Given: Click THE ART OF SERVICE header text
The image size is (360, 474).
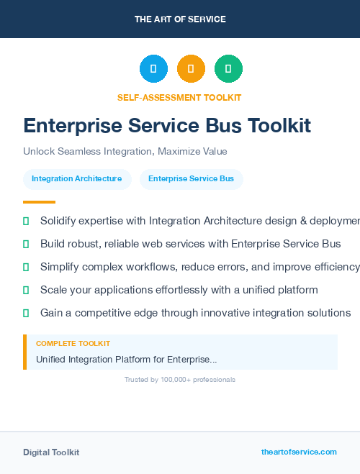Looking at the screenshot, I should pyautogui.click(x=180, y=19).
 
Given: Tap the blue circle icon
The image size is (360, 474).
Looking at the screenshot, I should pyautogui.click(x=153, y=68).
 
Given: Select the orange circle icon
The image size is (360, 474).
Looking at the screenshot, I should pyautogui.click(x=191, y=68).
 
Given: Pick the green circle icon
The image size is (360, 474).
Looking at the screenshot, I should pyautogui.click(x=228, y=68).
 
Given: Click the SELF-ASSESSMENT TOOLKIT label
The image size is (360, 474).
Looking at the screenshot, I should pyautogui.click(x=179, y=97).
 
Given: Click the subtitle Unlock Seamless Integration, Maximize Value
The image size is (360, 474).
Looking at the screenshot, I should pyautogui.click(x=125, y=152).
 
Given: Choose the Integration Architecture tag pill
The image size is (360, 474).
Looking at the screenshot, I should pyautogui.click(x=76, y=179).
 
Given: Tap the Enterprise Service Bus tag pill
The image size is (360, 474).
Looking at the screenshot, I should pyautogui.click(x=191, y=179).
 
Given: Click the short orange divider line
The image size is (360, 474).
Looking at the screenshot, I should pyautogui.click(x=39, y=202).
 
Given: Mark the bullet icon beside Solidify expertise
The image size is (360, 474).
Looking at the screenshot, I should pyautogui.click(x=26, y=221).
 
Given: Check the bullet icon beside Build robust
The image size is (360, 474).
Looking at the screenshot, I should pyautogui.click(x=26, y=244).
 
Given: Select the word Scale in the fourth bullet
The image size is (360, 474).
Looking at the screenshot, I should pyautogui.click(x=54, y=290).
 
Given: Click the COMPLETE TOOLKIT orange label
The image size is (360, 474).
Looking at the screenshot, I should pyautogui.click(x=73, y=344).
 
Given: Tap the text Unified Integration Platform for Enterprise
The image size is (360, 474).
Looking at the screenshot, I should pyautogui.click(x=126, y=359).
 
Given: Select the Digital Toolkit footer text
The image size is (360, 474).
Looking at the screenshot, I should pyautogui.click(x=51, y=452).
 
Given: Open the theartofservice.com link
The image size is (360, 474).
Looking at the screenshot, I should pyautogui.click(x=299, y=452).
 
